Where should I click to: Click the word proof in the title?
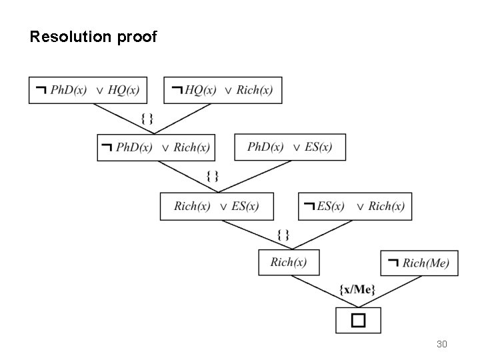137,37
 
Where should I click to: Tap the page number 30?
441,344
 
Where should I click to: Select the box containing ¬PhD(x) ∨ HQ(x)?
88,90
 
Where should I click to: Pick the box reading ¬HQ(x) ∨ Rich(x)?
223,90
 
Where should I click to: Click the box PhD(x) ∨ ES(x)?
290,147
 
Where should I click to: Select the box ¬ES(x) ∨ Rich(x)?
355,206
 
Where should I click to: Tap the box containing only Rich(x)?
289,262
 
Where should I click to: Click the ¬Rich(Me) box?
419,263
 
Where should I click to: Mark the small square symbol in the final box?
359,320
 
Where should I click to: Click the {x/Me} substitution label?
357,289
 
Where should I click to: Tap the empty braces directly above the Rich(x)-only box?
283,234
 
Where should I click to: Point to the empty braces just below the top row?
148,119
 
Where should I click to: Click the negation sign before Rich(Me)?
393,262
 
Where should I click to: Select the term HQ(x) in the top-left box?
123,91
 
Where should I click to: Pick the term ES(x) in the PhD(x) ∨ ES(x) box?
318,147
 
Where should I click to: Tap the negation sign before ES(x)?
309,206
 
